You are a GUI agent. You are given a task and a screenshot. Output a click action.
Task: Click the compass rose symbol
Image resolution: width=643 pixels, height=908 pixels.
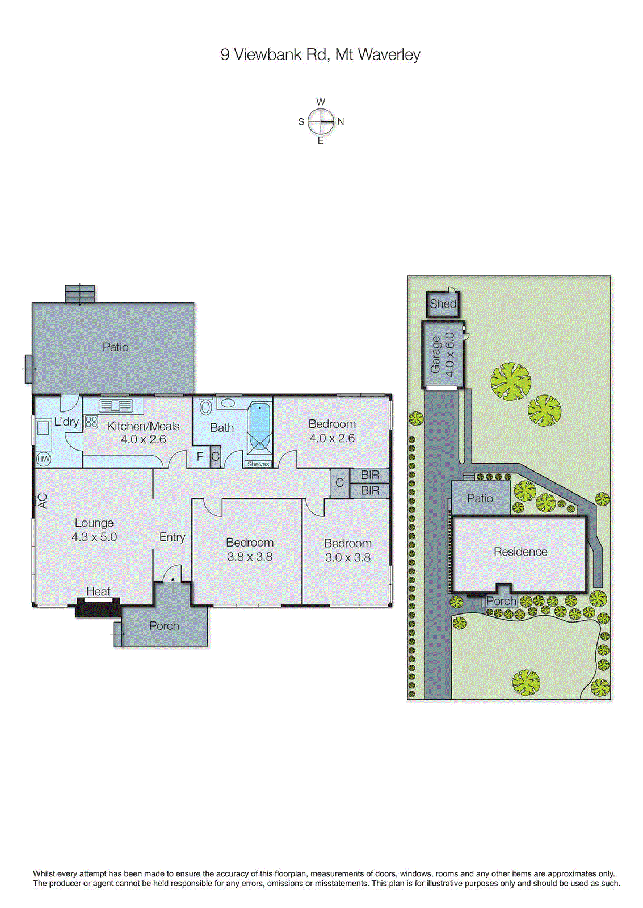[321, 121]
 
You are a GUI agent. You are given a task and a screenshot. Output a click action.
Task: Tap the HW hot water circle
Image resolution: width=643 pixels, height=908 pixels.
[44, 459]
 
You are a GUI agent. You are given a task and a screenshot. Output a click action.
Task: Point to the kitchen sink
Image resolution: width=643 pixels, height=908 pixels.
[116, 406]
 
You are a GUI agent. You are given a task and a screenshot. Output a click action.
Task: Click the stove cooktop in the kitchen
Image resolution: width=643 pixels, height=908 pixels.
[91, 422]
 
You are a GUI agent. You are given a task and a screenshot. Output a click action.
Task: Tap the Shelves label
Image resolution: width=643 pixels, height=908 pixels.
[258, 464]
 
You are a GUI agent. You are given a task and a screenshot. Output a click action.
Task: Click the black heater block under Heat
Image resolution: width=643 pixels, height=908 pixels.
[98, 608]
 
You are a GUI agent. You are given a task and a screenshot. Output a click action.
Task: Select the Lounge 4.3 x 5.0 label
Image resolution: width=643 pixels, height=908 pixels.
[94, 530]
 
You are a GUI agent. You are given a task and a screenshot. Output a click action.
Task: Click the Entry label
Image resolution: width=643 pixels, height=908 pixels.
[172, 537]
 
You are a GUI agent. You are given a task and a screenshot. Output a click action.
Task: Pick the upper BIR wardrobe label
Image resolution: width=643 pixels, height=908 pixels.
[370, 475]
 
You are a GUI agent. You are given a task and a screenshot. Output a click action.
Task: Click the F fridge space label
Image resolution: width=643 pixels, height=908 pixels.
[200, 456]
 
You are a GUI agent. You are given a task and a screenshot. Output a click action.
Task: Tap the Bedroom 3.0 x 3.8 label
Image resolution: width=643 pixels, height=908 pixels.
[347, 550]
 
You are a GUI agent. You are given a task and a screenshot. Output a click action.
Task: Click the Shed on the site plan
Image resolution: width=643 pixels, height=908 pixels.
[443, 304]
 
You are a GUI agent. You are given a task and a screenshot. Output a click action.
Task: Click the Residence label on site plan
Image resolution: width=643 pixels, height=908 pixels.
[520, 552]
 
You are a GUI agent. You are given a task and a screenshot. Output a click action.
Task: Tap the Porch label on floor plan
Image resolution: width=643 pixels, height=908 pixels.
[164, 626]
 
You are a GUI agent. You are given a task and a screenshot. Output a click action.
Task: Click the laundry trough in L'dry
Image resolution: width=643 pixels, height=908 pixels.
[43, 428]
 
